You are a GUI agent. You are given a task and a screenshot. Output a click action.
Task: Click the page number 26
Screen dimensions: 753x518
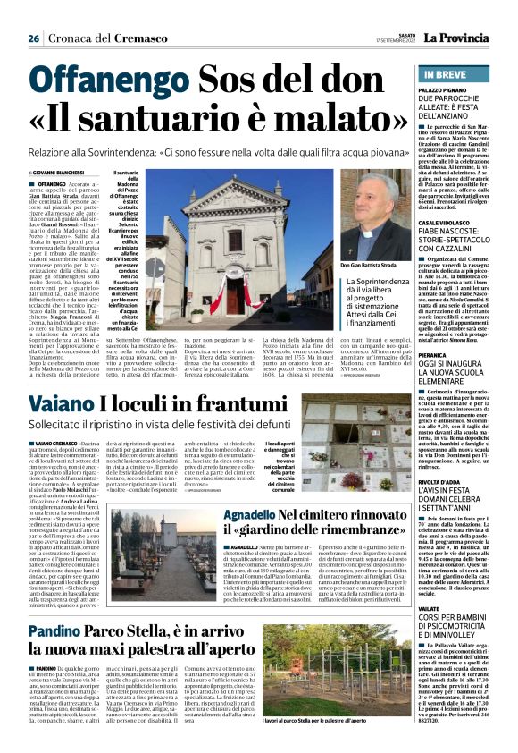point(33,38)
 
